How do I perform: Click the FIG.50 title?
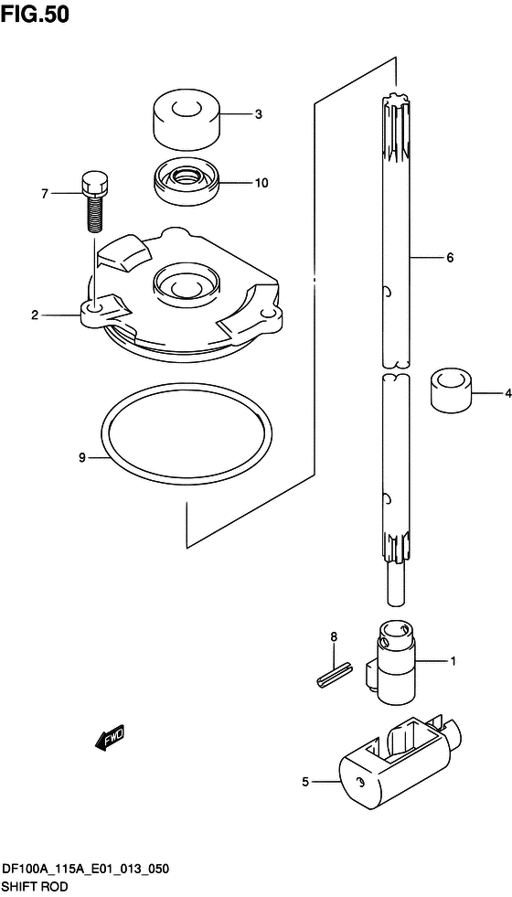[x=35, y=14]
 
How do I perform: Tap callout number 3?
[x=259, y=114]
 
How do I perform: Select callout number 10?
[x=261, y=183]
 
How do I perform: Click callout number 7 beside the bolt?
[x=44, y=195]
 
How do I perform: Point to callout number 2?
[x=35, y=315]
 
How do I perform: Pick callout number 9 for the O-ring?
[x=82, y=457]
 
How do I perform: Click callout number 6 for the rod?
[x=450, y=258]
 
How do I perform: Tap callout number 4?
[x=507, y=393]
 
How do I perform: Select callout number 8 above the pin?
[x=334, y=636]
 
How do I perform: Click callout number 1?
[x=453, y=662]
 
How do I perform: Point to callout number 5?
[x=304, y=782]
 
